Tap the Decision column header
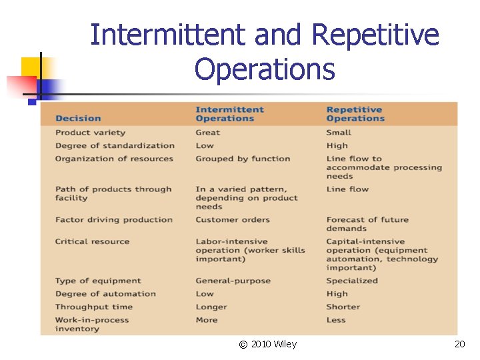[x=78, y=119]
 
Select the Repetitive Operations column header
[x=355, y=114]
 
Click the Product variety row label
[x=90, y=133]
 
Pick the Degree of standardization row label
[x=115, y=145]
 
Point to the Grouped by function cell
[x=243, y=159]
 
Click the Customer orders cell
[x=233, y=219]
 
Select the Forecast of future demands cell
[x=367, y=224]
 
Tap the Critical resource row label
[x=92, y=241]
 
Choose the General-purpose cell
[x=233, y=281]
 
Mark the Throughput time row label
[x=94, y=307]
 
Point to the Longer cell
[x=211, y=307]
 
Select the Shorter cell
[x=343, y=307]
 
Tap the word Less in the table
[x=336, y=320]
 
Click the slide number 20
[x=459, y=344]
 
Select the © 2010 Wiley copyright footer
[x=268, y=344]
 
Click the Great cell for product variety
[x=207, y=133]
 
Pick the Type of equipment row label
[x=98, y=281]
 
